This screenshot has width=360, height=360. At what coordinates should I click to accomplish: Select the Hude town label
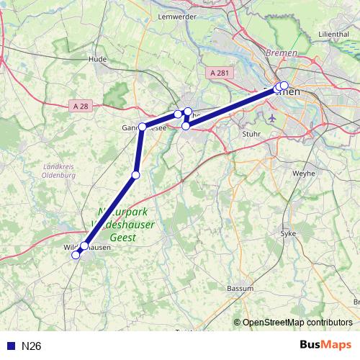96,59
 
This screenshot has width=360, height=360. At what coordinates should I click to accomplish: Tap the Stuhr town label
252,133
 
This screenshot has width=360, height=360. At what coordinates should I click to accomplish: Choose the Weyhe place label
303,174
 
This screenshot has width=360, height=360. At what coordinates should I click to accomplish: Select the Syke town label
287,233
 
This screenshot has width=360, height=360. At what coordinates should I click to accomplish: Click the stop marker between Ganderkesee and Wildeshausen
135,175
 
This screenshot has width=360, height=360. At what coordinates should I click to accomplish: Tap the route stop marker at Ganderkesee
142,127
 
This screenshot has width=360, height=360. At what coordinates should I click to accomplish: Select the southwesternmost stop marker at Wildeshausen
76,254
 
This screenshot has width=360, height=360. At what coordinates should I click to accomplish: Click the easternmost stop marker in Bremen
284,86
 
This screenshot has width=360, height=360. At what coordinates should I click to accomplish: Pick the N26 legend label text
32,346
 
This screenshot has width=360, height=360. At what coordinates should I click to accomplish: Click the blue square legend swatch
10,346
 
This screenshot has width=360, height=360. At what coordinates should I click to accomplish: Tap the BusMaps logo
325,346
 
